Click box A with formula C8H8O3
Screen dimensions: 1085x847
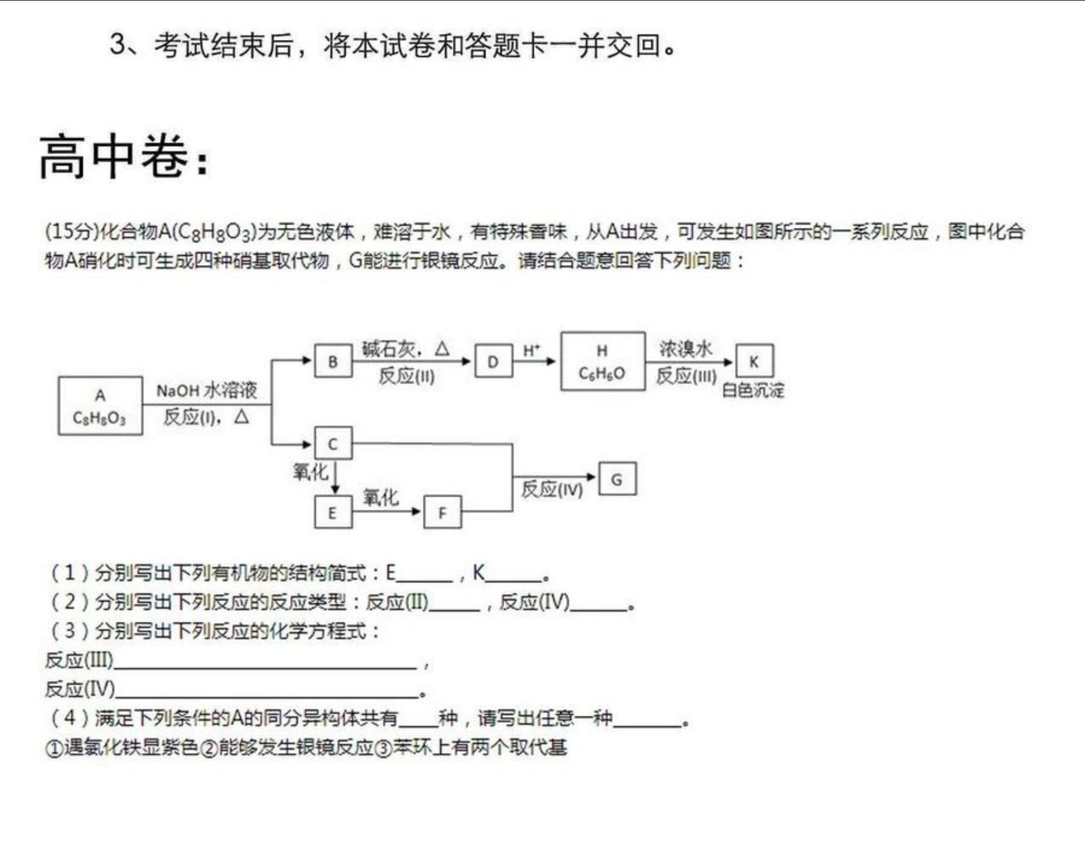(101, 405)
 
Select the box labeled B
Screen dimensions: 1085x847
(333, 361)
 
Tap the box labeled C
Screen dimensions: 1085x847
(333, 444)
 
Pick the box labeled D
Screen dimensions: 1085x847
(494, 361)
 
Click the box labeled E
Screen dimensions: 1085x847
(333, 512)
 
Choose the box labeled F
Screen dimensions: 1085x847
(443, 512)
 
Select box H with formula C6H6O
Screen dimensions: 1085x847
(603, 361)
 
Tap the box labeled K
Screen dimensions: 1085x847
(754, 361)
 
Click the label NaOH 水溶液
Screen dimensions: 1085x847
(207, 390)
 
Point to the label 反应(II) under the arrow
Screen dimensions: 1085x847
(406, 376)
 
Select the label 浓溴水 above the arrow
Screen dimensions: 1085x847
(685, 348)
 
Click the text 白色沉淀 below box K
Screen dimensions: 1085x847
(753, 390)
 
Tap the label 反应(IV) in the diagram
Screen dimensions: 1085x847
(552, 489)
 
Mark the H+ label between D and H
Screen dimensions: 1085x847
(531, 350)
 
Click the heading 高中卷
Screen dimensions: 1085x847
(124, 157)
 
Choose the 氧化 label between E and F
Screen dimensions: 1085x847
(380, 498)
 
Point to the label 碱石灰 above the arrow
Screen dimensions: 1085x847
(389, 348)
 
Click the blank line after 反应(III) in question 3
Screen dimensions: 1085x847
(265, 667)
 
